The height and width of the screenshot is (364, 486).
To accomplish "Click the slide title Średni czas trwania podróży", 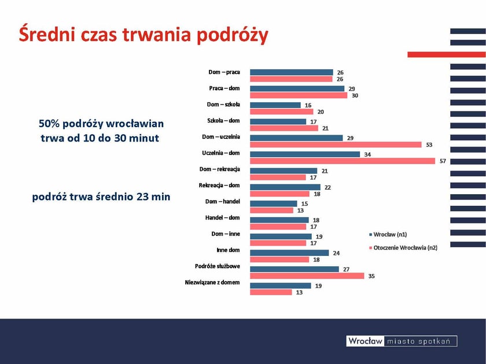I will (143, 35).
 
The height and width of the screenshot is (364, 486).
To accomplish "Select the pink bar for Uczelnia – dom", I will (342, 161).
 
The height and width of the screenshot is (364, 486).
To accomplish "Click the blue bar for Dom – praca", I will (292, 72).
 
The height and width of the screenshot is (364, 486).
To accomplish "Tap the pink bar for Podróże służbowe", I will (307, 276).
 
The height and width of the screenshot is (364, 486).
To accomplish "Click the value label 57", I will (443, 161).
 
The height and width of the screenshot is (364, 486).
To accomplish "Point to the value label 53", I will (429, 144).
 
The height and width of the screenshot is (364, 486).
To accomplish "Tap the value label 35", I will (371, 276).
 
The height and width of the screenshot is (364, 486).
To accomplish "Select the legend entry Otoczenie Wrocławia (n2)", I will (404, 248).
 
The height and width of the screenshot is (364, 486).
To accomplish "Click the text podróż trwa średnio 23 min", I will (101, 196).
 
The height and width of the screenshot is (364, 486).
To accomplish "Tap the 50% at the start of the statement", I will (49, 124).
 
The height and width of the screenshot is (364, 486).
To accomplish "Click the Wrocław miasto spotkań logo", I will (402, 341).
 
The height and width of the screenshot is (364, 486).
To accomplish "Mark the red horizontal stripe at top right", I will (446, 54).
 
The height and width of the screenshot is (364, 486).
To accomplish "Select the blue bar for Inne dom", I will (289, 253).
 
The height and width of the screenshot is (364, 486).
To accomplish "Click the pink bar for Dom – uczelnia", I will (336, 144).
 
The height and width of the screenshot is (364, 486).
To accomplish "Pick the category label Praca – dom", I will (224, 88).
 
